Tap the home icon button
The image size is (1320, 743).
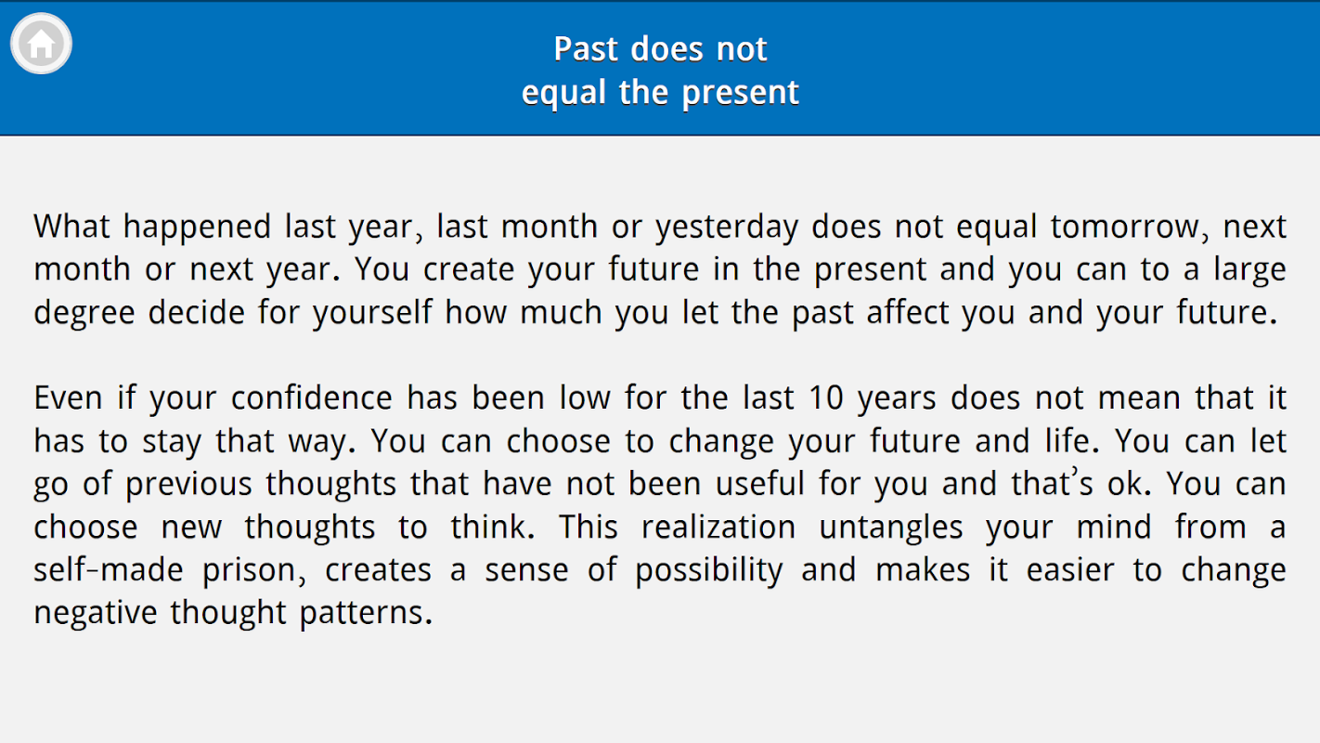coord(41,44)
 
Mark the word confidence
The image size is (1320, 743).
coord(312,398)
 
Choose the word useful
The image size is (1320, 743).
coord(760,484)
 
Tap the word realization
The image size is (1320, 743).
coord(718,528)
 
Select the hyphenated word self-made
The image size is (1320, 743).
coord(109,570)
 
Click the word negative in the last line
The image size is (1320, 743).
coord(96,614)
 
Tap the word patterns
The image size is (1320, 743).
coord(366,614)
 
